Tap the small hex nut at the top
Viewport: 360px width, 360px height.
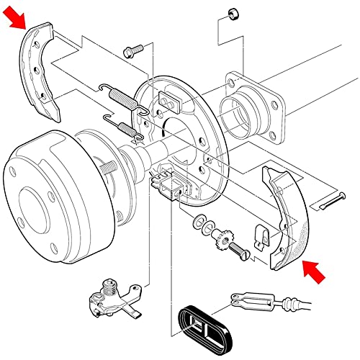[x=233, y=14]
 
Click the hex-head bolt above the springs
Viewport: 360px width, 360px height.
[x=132, y=50]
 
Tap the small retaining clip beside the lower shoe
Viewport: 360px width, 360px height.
[x=263, y=235]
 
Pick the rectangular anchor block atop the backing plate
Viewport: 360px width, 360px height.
[x=169, y=101]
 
